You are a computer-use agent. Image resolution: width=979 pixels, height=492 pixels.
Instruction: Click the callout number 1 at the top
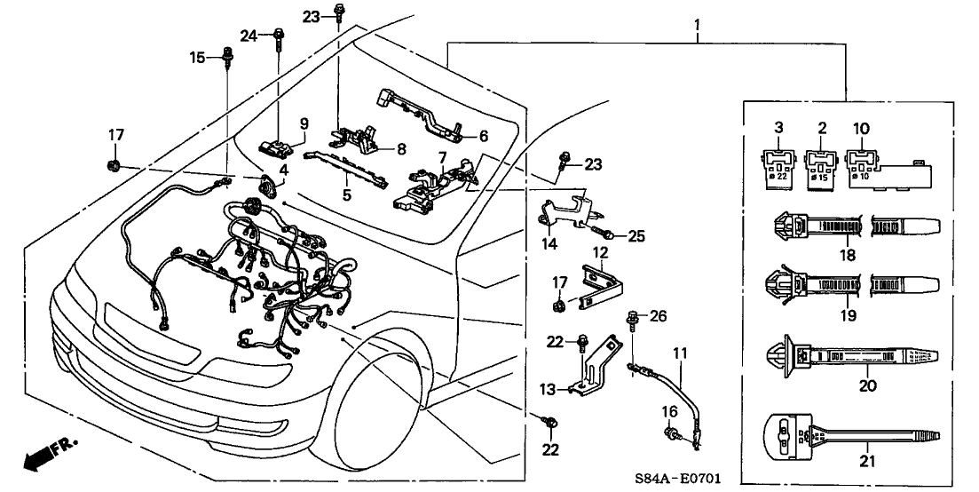coord(698,15)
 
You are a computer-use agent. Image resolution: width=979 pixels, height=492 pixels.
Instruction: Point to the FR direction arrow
coord(49,453)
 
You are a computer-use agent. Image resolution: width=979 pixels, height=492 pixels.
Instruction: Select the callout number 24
coord(249,36)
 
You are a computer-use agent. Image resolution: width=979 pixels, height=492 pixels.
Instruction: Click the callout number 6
coord(483,137)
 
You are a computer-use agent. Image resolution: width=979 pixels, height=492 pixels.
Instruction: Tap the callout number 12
coord(601,254)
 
